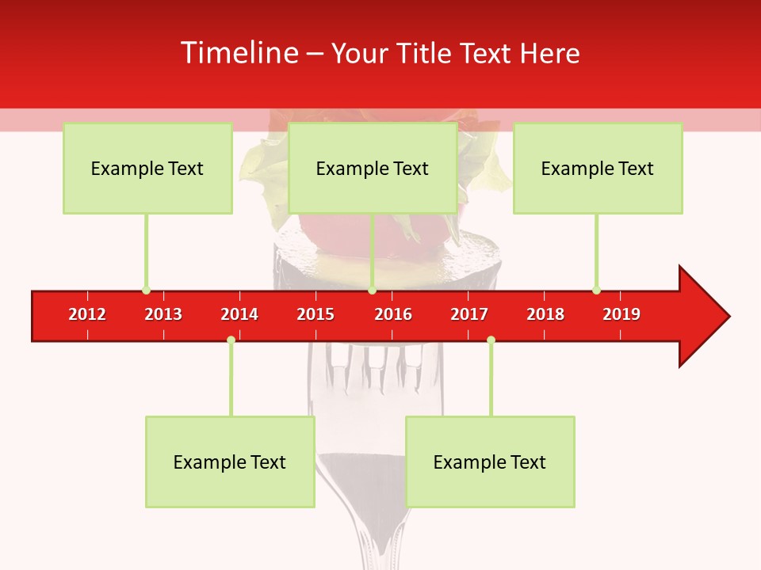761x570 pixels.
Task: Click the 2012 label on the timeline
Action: (x=87, y=314)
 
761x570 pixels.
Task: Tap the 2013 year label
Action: (x=163, y=314)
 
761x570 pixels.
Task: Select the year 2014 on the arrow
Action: (x=239, y=314)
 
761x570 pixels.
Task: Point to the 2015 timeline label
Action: (x=315, y=314)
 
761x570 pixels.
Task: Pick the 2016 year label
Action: (x=393, y=314)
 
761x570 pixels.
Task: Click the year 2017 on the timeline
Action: (x=469, y=314)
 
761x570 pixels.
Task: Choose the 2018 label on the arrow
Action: (x=545, y=314)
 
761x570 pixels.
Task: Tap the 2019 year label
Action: (x=621, y=314)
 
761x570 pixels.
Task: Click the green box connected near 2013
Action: (x=147, y=168)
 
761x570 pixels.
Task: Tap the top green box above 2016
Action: (x=373, y=168)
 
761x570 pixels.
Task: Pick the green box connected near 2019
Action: (x=598, y=168)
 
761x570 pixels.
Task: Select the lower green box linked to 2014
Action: (x=230, y=462)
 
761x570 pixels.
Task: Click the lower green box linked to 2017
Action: (x=490, y=462)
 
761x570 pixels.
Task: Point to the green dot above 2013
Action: (x=146, y=290)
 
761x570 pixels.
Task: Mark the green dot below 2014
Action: (x=231, y=340)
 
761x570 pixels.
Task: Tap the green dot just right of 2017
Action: (x=491, y=340)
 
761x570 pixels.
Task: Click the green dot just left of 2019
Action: (x=596, y=290)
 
